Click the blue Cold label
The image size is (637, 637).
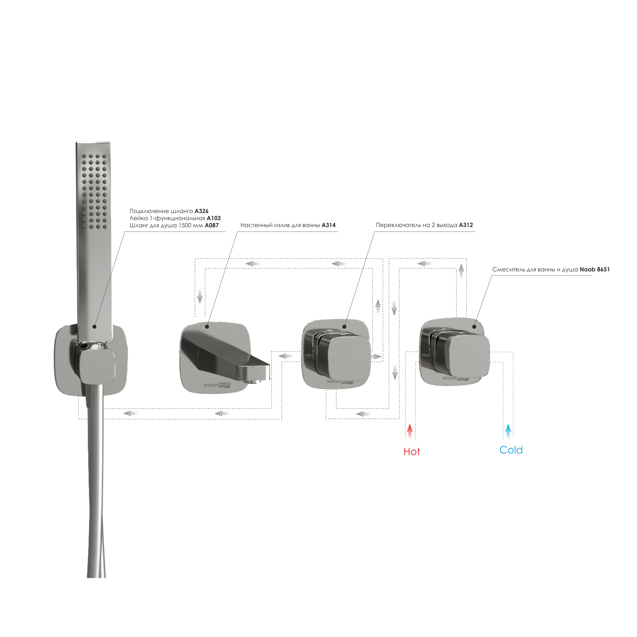pyautogui.click(x=511, y=450)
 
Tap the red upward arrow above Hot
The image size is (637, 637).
pyautogui.click(x=410, y=431)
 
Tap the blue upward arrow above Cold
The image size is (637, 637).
pyautogui.click(x=508, y=431)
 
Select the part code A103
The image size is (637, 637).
pyautogui.click(x=214, y=218)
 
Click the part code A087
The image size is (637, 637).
pyautogui.click(x=212, y=226)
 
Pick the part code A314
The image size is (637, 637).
pyautogui.click(x=329, y=225)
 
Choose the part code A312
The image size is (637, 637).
pyautogui.click(x=466, y=225)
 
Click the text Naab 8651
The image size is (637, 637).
pyautogui.click(x=595, y=269)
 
